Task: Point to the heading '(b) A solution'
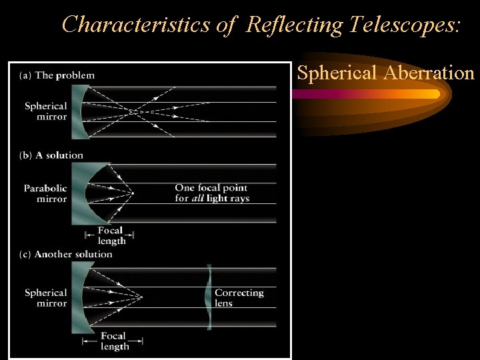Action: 52,155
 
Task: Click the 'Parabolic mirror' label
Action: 45,193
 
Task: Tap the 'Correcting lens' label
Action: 239,297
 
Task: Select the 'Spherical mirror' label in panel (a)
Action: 46,111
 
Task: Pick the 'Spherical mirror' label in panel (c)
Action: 46,298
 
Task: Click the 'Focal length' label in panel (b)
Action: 110,235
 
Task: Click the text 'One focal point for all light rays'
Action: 212,193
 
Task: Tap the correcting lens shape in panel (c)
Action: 209,297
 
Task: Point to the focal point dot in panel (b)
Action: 133,193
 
